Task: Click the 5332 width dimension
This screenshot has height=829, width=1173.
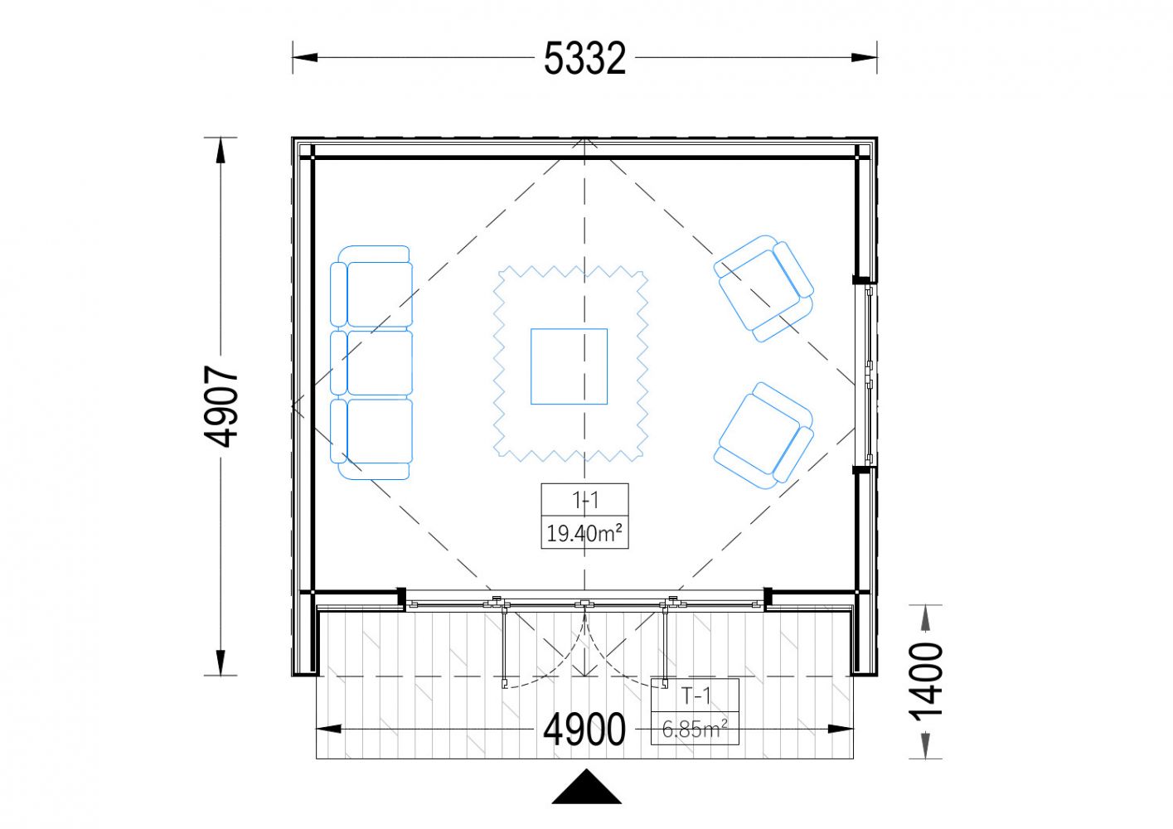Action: (584, 58)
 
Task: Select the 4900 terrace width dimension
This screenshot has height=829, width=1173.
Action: (584, 729)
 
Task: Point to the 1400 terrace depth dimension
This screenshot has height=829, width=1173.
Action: (925, 681)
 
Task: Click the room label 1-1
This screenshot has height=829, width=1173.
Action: (585, 501)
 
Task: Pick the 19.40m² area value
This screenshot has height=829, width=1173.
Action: (584, 533)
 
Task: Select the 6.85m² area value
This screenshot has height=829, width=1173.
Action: (695, 729)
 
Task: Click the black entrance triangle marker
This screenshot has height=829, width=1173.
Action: (587, 786)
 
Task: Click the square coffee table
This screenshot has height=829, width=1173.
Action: (570, 366)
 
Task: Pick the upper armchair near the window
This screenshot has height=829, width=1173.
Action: (763, 288)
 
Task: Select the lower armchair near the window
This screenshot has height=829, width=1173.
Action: (763, 436)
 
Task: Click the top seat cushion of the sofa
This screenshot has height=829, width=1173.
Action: (380, 294)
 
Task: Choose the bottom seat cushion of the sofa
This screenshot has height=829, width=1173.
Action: (380, 431)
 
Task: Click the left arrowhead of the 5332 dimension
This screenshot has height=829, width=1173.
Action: (305, 57)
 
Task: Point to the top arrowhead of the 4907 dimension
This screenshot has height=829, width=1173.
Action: (221, 150)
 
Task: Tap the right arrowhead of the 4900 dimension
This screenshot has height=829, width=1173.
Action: (841, 729)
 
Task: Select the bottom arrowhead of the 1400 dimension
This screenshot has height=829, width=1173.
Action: (925, 746)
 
